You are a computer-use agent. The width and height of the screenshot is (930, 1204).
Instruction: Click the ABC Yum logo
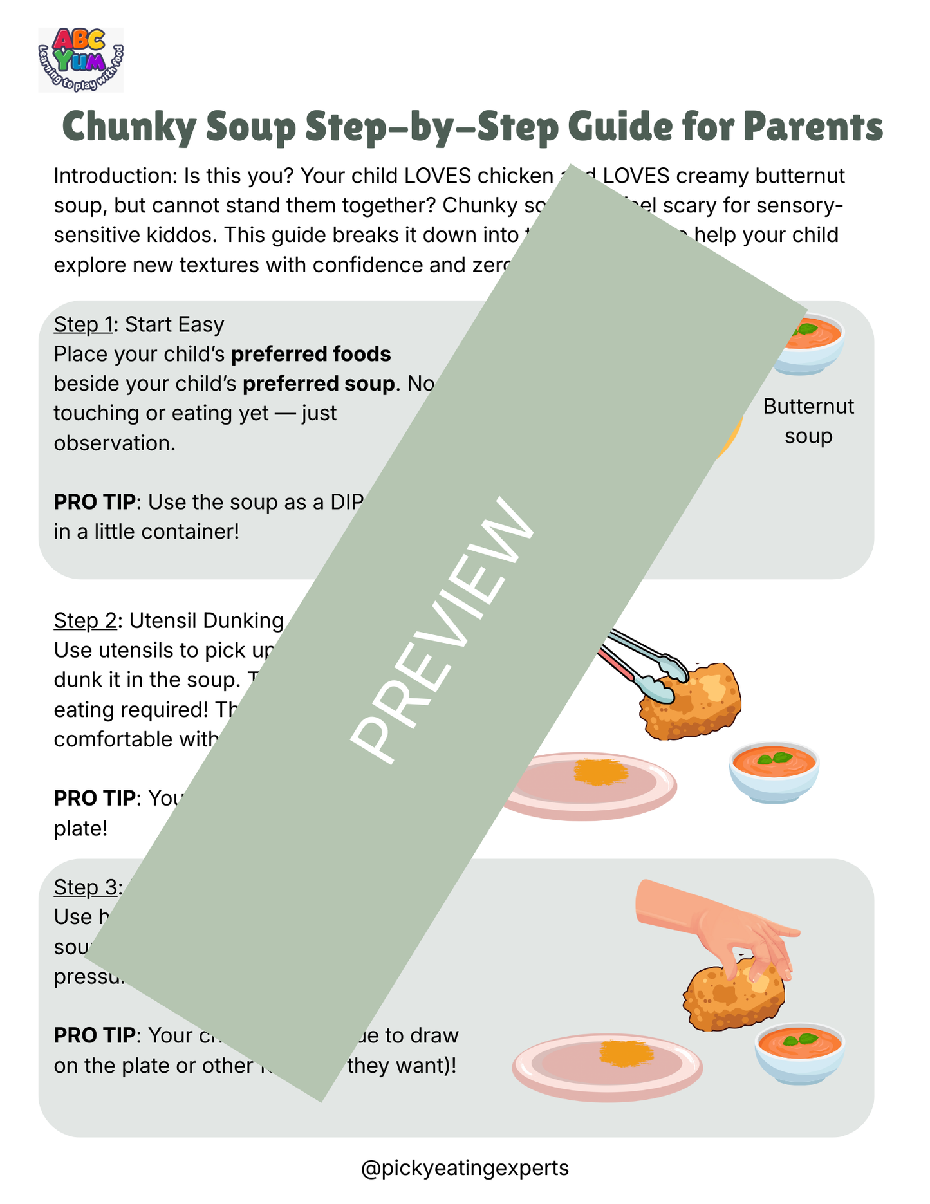[x=81, y=59]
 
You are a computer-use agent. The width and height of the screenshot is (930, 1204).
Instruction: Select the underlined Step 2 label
[x=85, y=620]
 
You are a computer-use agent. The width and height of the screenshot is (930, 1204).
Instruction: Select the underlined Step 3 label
[x=85, y=887]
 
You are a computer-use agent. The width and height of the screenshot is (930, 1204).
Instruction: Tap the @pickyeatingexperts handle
[x=465, y=1168]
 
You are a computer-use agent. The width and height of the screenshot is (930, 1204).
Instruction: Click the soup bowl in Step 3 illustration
[x=799, y=1051]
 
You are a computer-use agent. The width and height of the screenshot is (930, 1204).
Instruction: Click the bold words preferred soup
[x=318, y=384]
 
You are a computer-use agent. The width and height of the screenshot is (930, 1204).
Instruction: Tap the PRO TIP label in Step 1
[x=94, y=502]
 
